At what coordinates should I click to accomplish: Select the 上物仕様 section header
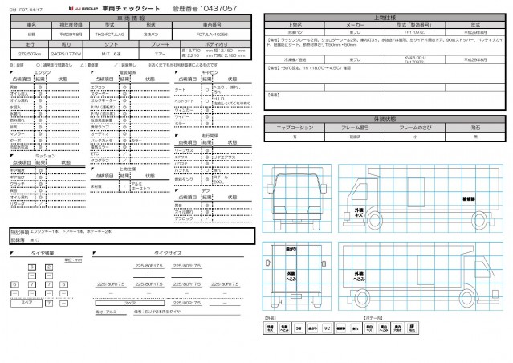385,17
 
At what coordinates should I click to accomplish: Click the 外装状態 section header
385,118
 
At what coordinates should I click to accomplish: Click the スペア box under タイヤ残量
26,304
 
